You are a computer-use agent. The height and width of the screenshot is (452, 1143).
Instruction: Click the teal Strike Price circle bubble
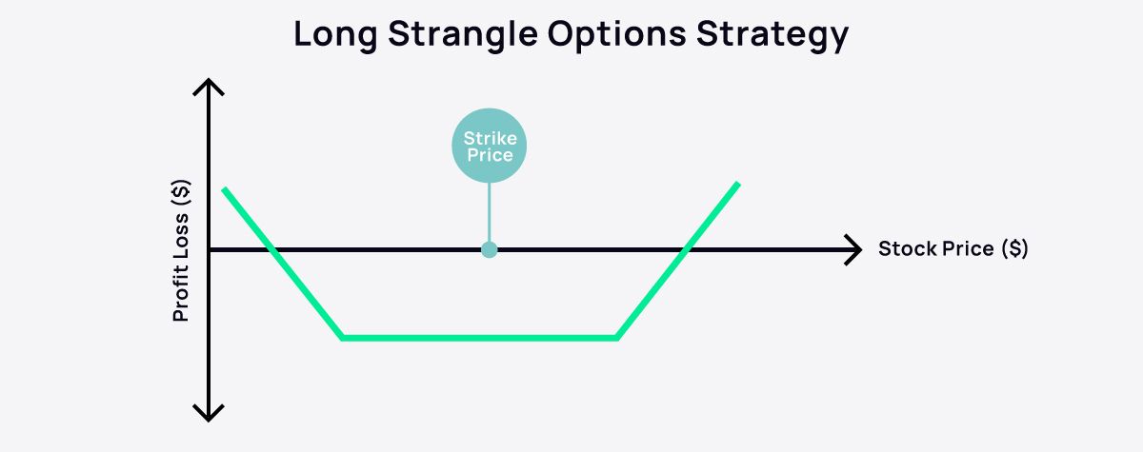click(490, 147)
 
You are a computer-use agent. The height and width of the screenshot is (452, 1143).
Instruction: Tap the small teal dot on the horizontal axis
click(490, 250)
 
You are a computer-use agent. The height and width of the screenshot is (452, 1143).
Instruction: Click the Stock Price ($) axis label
click(952, 249)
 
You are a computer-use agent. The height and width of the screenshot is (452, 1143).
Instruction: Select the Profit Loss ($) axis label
click(181, 249)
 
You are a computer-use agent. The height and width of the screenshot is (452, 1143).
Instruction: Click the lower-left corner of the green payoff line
click(343, 338)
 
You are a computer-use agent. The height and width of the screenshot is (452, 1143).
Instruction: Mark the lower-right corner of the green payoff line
click(617, 338)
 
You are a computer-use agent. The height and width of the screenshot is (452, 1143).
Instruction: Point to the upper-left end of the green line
click(224, 190)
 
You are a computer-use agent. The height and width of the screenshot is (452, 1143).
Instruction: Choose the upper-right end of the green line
click(737, 184)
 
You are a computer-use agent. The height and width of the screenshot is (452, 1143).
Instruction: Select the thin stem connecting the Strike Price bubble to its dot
click(490, 214)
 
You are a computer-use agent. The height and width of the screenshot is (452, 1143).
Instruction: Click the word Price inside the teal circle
click(490, 155)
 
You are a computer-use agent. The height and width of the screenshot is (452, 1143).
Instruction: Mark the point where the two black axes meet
click(209, 250)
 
